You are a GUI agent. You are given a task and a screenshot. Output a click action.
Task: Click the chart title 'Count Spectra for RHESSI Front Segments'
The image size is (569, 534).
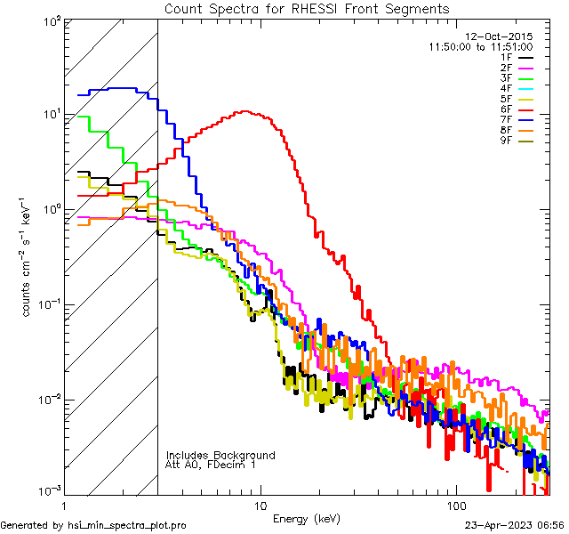pyautogui.click(x=307, y=9)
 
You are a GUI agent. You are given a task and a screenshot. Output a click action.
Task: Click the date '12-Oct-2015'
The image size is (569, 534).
pyautogui.click(x=499, y=36)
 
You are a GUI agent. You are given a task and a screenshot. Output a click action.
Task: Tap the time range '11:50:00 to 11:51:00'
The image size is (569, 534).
pyautogui.click(x=480, y=46)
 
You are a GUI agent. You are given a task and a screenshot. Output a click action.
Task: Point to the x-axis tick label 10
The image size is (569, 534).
pyautogui.click(x=260, y=506)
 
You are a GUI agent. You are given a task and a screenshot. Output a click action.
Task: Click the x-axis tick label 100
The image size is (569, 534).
pyautogui.click(x=455, y=506)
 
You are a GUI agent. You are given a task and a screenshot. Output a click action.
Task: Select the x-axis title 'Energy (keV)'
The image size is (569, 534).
pyautogui.click(x=306, y=519)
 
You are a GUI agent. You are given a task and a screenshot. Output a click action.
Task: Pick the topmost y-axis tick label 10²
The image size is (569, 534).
pyautogui.click(x=51, y=20)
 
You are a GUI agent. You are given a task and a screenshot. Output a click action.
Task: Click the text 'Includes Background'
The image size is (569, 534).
pyautogui.click(x=220, y=455)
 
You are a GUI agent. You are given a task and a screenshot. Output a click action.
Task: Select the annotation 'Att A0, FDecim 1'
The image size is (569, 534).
pyautogui.click(x=212, y=465)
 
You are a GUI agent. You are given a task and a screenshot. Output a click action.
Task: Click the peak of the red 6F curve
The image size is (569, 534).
pyautogui.click(x=243, y=112)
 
